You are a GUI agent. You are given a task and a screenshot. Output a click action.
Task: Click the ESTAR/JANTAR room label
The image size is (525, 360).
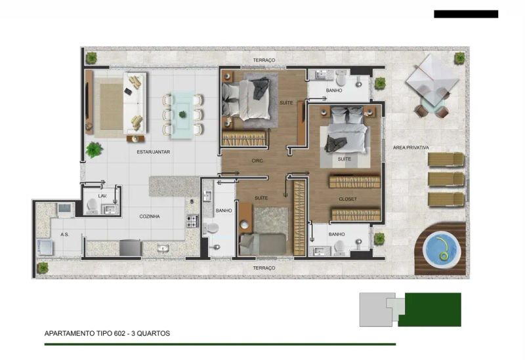click(153, 152)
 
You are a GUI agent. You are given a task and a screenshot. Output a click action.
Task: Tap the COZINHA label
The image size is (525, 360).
click(150, 216)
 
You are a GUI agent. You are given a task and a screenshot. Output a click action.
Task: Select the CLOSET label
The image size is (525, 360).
click(348, 199)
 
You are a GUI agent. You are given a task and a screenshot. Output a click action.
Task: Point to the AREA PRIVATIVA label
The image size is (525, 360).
click(411, 148)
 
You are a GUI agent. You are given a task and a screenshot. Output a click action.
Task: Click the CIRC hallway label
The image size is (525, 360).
click(257, 161)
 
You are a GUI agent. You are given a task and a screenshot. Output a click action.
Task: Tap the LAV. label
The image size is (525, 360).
click(102, 196)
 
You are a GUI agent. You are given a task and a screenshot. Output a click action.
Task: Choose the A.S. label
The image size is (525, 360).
click(64, 235)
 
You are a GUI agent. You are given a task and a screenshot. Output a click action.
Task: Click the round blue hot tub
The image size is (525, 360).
click(440, 249)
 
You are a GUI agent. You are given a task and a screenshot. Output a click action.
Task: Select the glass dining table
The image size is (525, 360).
click(182, 115)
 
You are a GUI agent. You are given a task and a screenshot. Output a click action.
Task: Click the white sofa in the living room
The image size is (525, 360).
click(135, 103)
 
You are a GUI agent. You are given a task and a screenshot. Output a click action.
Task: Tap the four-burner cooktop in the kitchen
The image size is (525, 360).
click(192, 221)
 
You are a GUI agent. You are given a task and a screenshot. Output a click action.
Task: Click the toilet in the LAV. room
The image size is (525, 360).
click(92, 206)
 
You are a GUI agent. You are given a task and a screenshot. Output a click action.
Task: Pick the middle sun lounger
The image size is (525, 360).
click(446, 179)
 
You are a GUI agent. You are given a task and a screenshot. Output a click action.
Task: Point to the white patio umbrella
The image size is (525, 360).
click(432, 79)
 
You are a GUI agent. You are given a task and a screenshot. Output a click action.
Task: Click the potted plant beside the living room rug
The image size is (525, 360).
click(94, 150)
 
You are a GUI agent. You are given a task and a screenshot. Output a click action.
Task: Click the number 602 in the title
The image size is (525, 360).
click(119, 333)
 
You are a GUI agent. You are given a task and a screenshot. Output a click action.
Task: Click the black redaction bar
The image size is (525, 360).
click(466, 14)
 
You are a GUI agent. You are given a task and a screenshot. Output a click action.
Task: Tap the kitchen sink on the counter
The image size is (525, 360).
click(163, 249)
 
